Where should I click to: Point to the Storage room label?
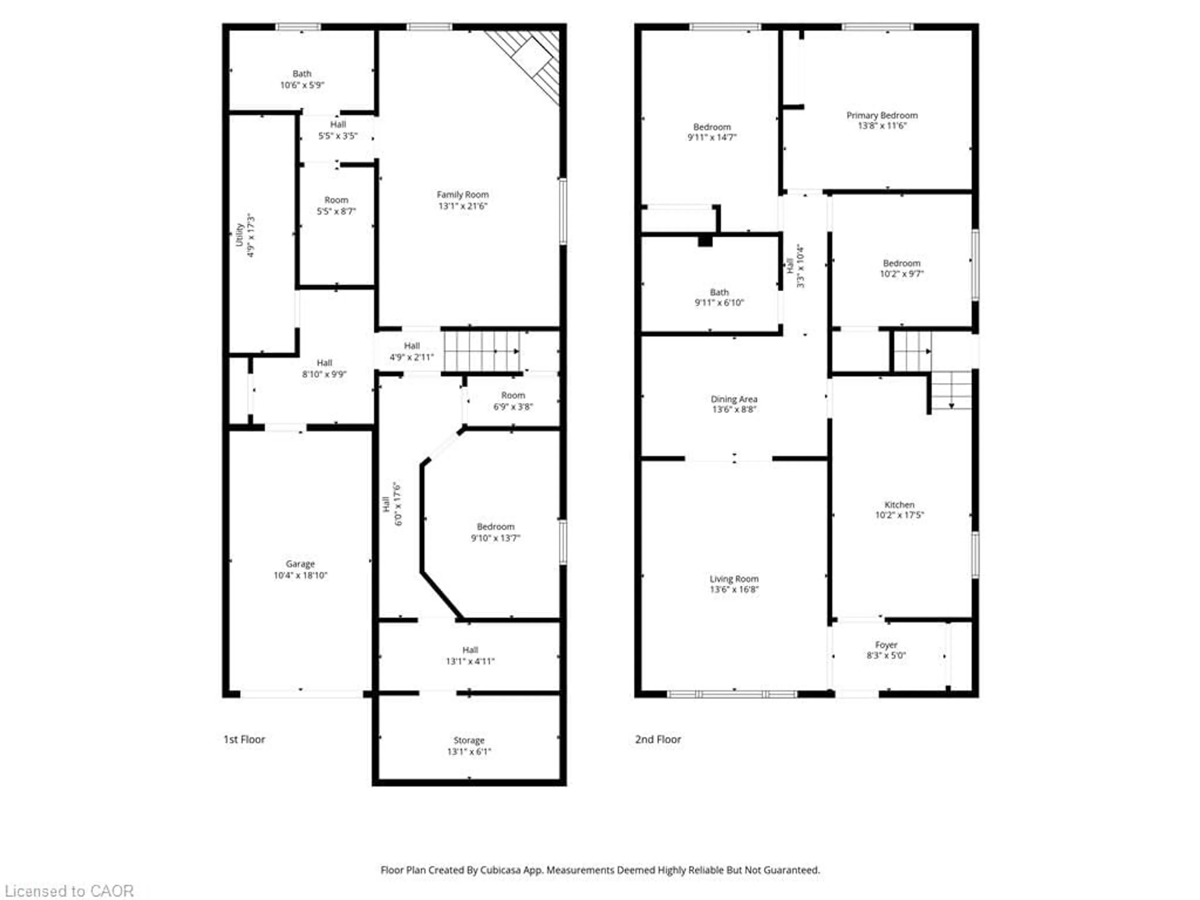pyautogui.click(x=469, y=740)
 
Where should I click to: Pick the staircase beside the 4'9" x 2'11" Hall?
pyautogui.click(x=481, y=352)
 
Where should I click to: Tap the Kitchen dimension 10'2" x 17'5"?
pyautogui.click(x=899, y=515)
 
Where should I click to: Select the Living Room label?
pyautogui.click(x=733, y=579)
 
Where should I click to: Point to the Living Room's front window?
pyautogui.click(x=732, y=694)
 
